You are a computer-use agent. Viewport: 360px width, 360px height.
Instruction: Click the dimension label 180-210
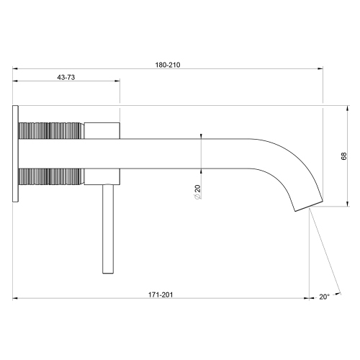coord(167,64)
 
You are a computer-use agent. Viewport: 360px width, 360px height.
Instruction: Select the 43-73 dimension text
coord(66,77)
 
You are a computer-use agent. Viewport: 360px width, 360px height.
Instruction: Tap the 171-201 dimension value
coord(161,295)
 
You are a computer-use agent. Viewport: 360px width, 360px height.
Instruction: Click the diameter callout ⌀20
coord(196,192)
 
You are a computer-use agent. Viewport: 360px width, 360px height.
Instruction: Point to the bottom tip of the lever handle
coord(109,271)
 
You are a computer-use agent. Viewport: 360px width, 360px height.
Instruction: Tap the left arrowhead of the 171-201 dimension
coord(16,300)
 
